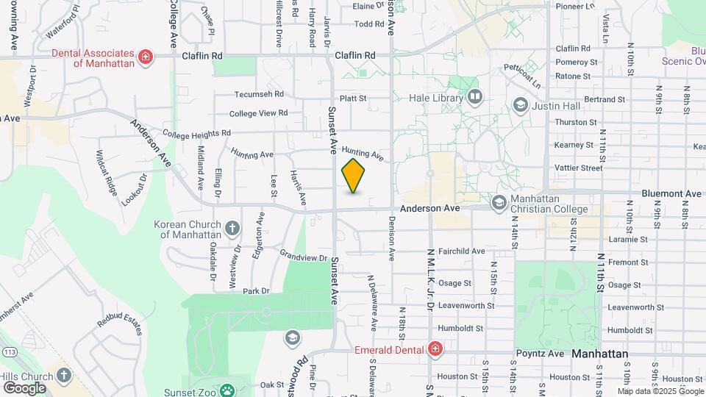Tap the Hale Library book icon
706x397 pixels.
[474, 97]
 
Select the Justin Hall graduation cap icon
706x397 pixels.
[521, 105]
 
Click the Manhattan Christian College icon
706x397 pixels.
[499, 201]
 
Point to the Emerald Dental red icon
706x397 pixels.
[435, 348]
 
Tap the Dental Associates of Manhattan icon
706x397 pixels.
[146, 57]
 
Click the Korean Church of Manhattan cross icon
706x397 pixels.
[232, 229]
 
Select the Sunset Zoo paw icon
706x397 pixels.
[229, 390]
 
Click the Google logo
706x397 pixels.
[24, 387]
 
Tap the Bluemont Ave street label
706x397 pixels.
[671, 193]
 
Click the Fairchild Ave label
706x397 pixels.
[461, 251]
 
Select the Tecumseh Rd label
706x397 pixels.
[259, 94]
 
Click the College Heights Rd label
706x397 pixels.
[196, 134]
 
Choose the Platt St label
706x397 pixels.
[353, 99]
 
